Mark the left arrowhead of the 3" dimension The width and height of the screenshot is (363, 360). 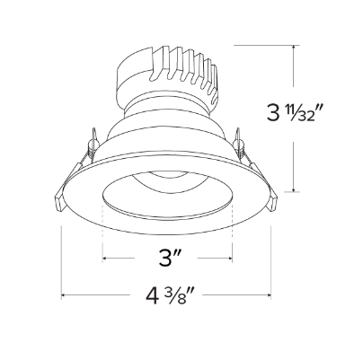107,260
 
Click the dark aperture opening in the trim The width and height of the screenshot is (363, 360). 167,196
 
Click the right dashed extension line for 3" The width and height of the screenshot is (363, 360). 232,233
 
